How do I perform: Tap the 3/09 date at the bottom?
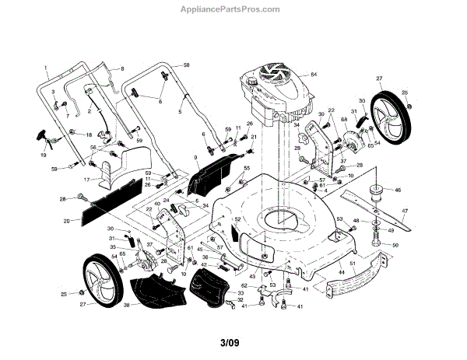230,343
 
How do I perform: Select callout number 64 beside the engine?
314,74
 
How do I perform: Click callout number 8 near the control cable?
122,69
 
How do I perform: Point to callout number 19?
43,156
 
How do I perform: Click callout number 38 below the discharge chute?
126,306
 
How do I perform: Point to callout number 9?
195,158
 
